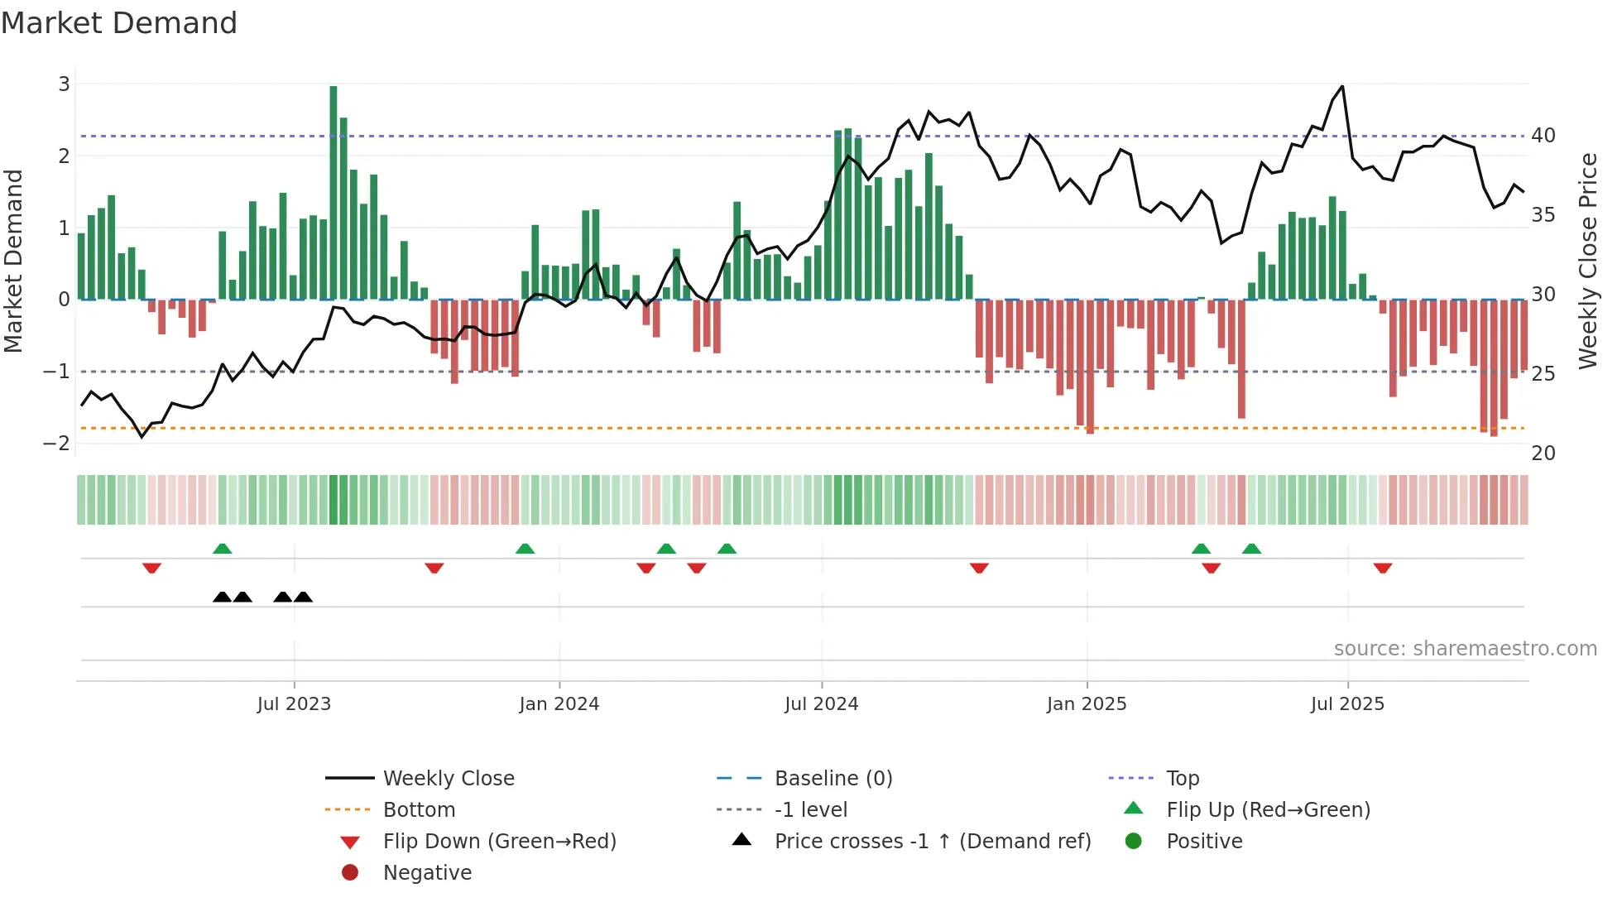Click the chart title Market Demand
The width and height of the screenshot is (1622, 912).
[119, 23]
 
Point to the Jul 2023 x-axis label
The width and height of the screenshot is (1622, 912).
[294, 704]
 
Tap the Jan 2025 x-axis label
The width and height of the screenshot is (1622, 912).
[1087, 704]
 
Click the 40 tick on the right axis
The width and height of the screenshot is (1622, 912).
[1543, 135]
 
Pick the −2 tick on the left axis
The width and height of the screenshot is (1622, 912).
[56, 443]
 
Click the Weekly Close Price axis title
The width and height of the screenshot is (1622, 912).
[1588, 261]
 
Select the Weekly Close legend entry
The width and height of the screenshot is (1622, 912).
[449, 778]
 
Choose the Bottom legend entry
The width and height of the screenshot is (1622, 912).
[419, 809]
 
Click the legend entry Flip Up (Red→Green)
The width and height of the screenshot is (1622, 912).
[1268, 809]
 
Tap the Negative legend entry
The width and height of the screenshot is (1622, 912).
[427, 872]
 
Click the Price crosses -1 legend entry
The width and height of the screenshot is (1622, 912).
[933, 841]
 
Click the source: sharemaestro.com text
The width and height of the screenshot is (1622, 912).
[1465, 649]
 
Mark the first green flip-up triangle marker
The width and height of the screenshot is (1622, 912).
[222, 549]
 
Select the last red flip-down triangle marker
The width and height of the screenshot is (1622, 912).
[1383, 568]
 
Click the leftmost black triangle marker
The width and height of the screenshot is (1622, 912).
[222, 597]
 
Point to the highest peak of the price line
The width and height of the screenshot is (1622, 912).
[1342, 86]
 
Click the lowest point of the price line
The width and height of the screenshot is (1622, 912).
[142, 437]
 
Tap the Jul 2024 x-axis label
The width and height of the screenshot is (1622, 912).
[822, 704]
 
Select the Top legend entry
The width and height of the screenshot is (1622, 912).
[1183, 778]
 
